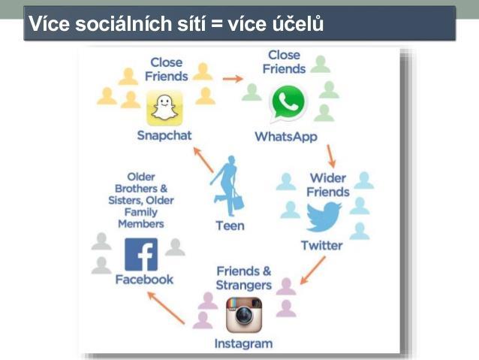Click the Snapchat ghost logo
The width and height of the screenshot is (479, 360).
pyautogui.click(x=164, y=108)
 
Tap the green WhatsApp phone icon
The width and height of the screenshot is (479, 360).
pyautogui.click(x=288, y=102)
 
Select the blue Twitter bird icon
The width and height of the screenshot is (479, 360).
pyautogui.click(x=324, y=217)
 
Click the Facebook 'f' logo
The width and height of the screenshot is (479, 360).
pyautogui.click(x=141, y=255)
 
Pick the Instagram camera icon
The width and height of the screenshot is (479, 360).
pyautogui.click(x=244, y=315)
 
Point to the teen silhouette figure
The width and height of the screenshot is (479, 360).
pyautogui.click(x=227, y=186)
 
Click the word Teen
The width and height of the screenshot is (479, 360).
pyautogui.click(x=230, y=225)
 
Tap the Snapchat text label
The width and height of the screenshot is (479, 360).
pyautogui.click(x=164, y=135)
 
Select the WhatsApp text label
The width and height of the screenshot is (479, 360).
pyautogui.click(x=286, y=137)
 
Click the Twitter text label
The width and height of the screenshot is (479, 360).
pyautogui.click(x=321, y=246)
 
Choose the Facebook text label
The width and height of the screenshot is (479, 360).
pyautogui.click(x=144, y=280)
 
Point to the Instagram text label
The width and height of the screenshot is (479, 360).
pyautogui.click(x=243, y=343)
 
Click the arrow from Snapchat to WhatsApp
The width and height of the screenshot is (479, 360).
pyautogui.click(x=233, y=79)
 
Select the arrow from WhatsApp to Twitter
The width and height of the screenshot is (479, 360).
pyautogui.click(x=331, y=156)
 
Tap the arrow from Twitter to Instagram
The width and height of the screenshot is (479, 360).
pyautogui.click(x=312, y=271)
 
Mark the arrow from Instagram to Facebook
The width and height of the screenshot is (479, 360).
pyautogui.click(x=166, y=307)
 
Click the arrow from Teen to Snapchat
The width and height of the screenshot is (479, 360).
pyautogui.click(x=203, y=159)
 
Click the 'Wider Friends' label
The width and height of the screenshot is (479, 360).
pyautogui.click(x=328, y=185)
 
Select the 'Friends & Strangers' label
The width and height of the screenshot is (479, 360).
pyautogui.click(x=244, y=278)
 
